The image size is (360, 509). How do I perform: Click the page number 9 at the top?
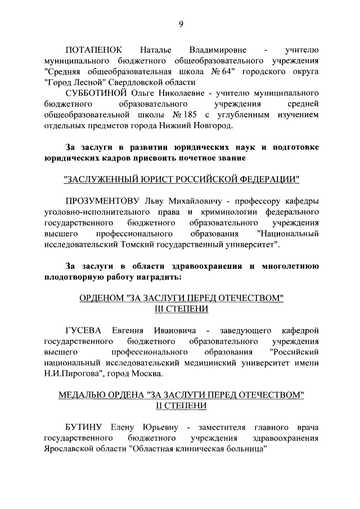click(181, 23)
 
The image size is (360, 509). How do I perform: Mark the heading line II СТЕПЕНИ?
click(181, 406)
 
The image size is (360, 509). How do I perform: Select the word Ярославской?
click(70, 448)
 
